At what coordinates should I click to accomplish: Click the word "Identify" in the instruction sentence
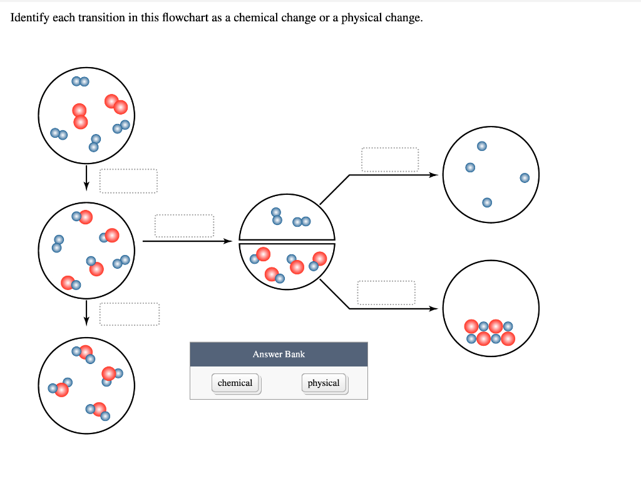point(30,18)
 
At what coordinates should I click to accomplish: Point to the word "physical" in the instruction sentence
point(361,18)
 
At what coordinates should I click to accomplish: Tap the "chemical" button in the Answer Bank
point(235,383)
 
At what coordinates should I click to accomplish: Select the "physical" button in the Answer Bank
point(324,383)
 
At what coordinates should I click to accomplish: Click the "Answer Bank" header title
point(279,354)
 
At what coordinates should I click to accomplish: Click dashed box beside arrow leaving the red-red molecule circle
point(128,181)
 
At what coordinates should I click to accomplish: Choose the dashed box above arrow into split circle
point(184,226)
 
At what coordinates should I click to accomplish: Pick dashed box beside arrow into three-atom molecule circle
point(129,314)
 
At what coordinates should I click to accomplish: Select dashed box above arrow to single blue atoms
point(389,159)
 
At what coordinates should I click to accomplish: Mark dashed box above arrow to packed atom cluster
point(386,293)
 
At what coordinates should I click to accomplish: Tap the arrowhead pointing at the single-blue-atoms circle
point(433,175)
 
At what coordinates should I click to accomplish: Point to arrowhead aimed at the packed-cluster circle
point(433,308)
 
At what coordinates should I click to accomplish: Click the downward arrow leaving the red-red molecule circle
point(86,178)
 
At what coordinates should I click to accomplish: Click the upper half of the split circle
point(287,216)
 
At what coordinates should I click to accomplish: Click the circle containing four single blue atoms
point(491,175)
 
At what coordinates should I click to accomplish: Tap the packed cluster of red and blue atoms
point(490,333)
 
